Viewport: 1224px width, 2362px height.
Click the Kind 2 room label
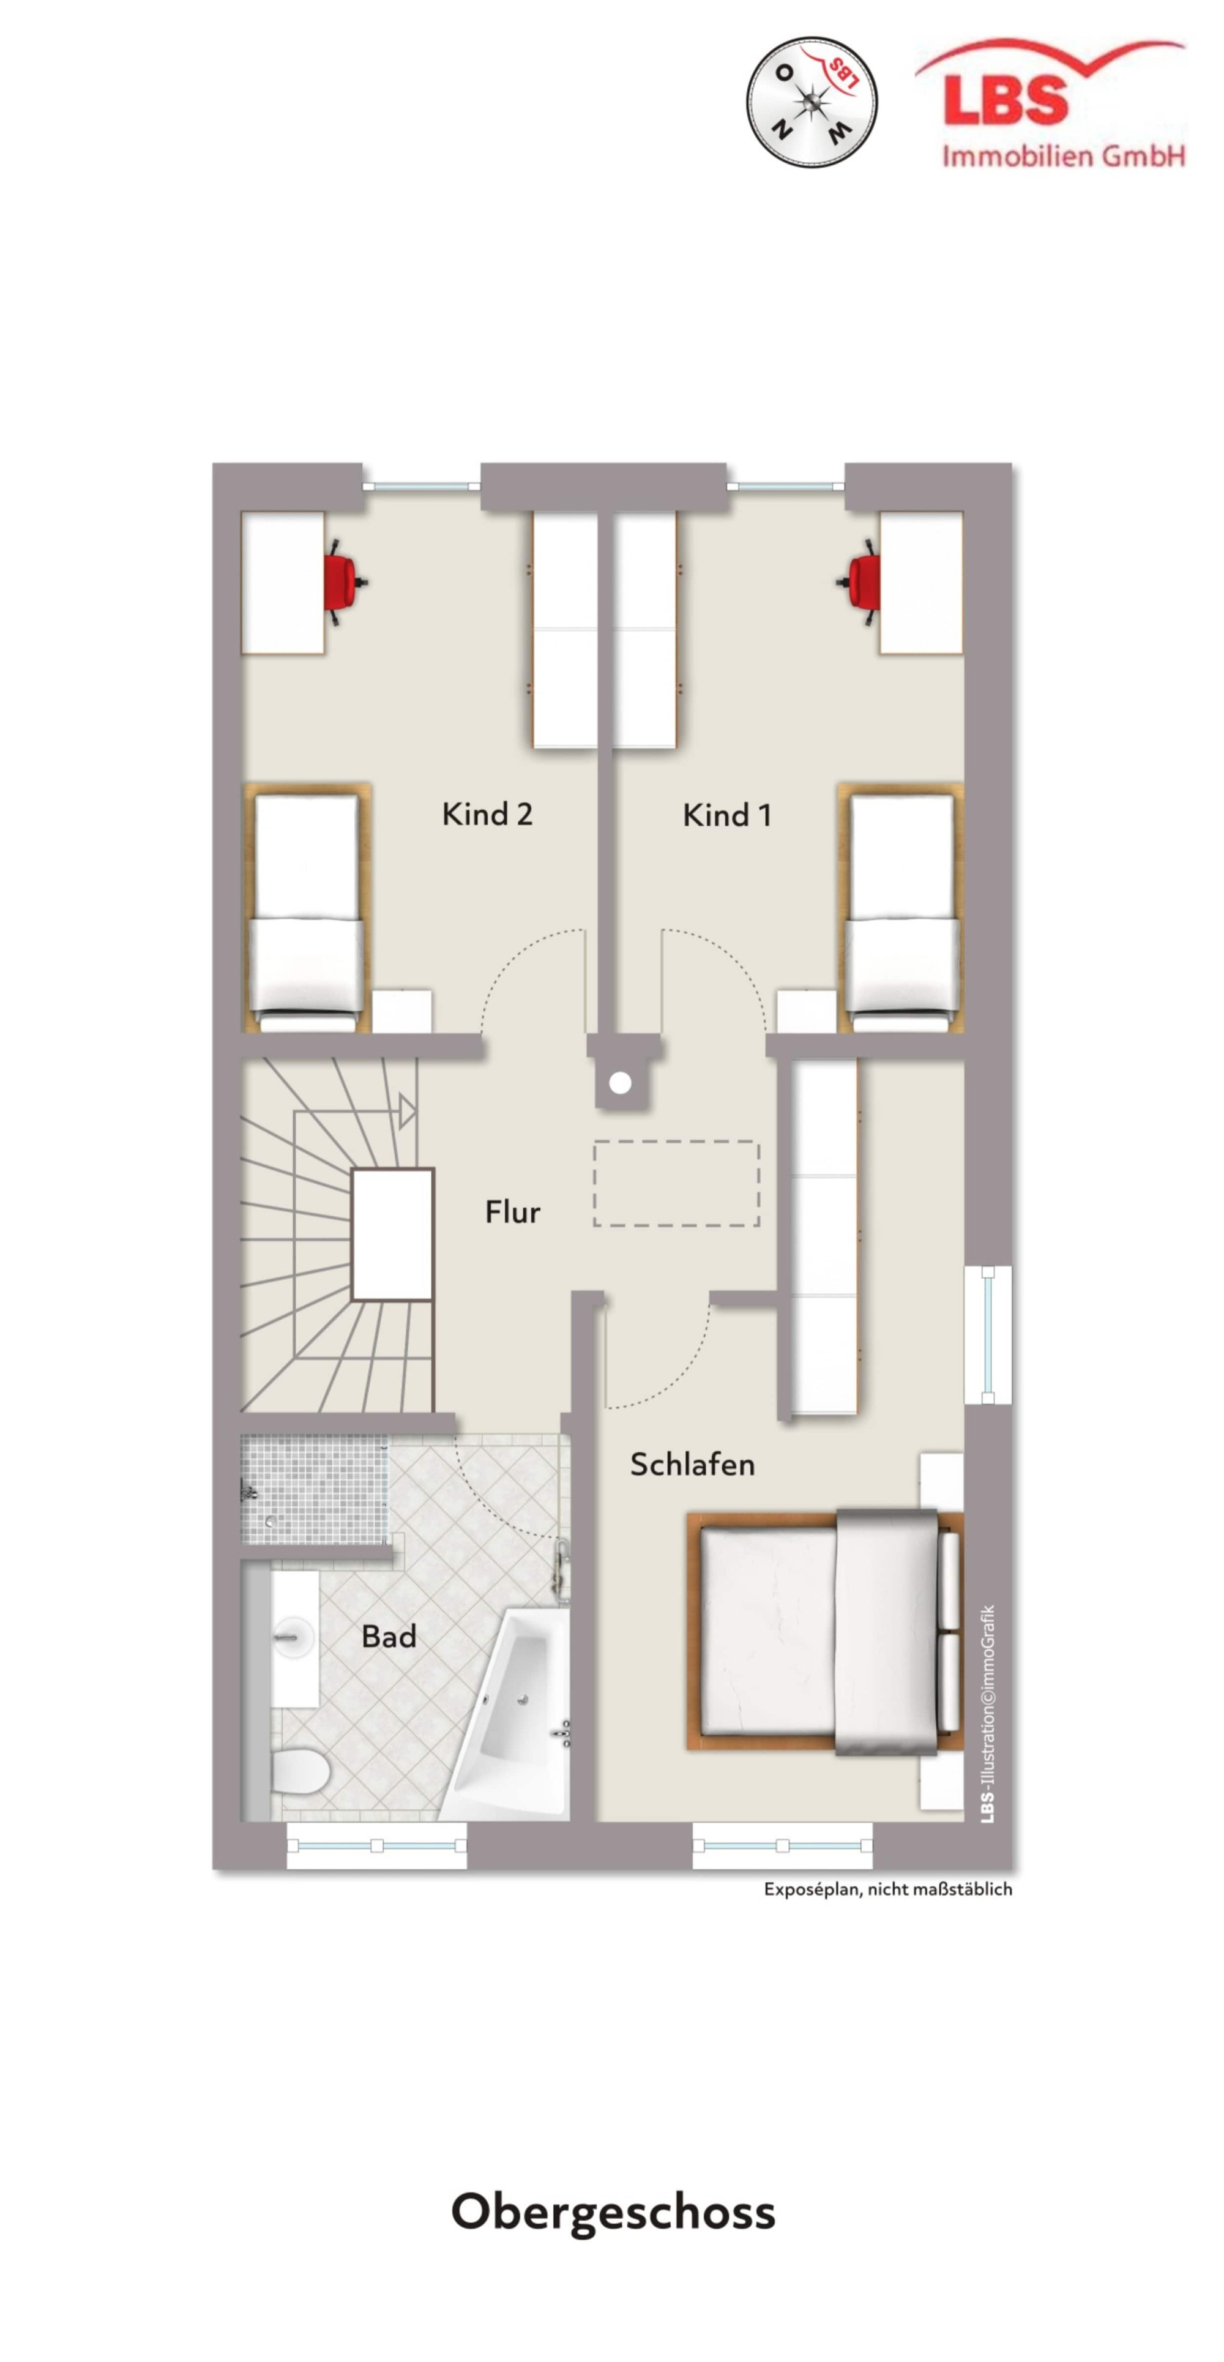(x=487, y=813)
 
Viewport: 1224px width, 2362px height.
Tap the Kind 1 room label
(x=726, y=814)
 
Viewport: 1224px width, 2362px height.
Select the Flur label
(x=512, y=1211)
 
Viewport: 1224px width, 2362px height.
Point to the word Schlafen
(x=692, y=1464)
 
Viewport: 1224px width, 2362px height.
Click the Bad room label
(x=389, y=1636)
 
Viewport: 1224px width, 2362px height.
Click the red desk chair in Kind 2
(x=346, y=581)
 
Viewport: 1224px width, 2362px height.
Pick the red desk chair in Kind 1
(x=859, y=581)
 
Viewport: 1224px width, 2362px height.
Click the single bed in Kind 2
(x=306, y=908)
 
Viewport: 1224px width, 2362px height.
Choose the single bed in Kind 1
(x=900, y=908)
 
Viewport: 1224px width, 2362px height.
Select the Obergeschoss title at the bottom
(x=613, y=2211)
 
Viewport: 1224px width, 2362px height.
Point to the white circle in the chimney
(x=620, y=1083)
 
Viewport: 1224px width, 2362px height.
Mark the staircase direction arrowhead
(x=407, y=1112)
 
